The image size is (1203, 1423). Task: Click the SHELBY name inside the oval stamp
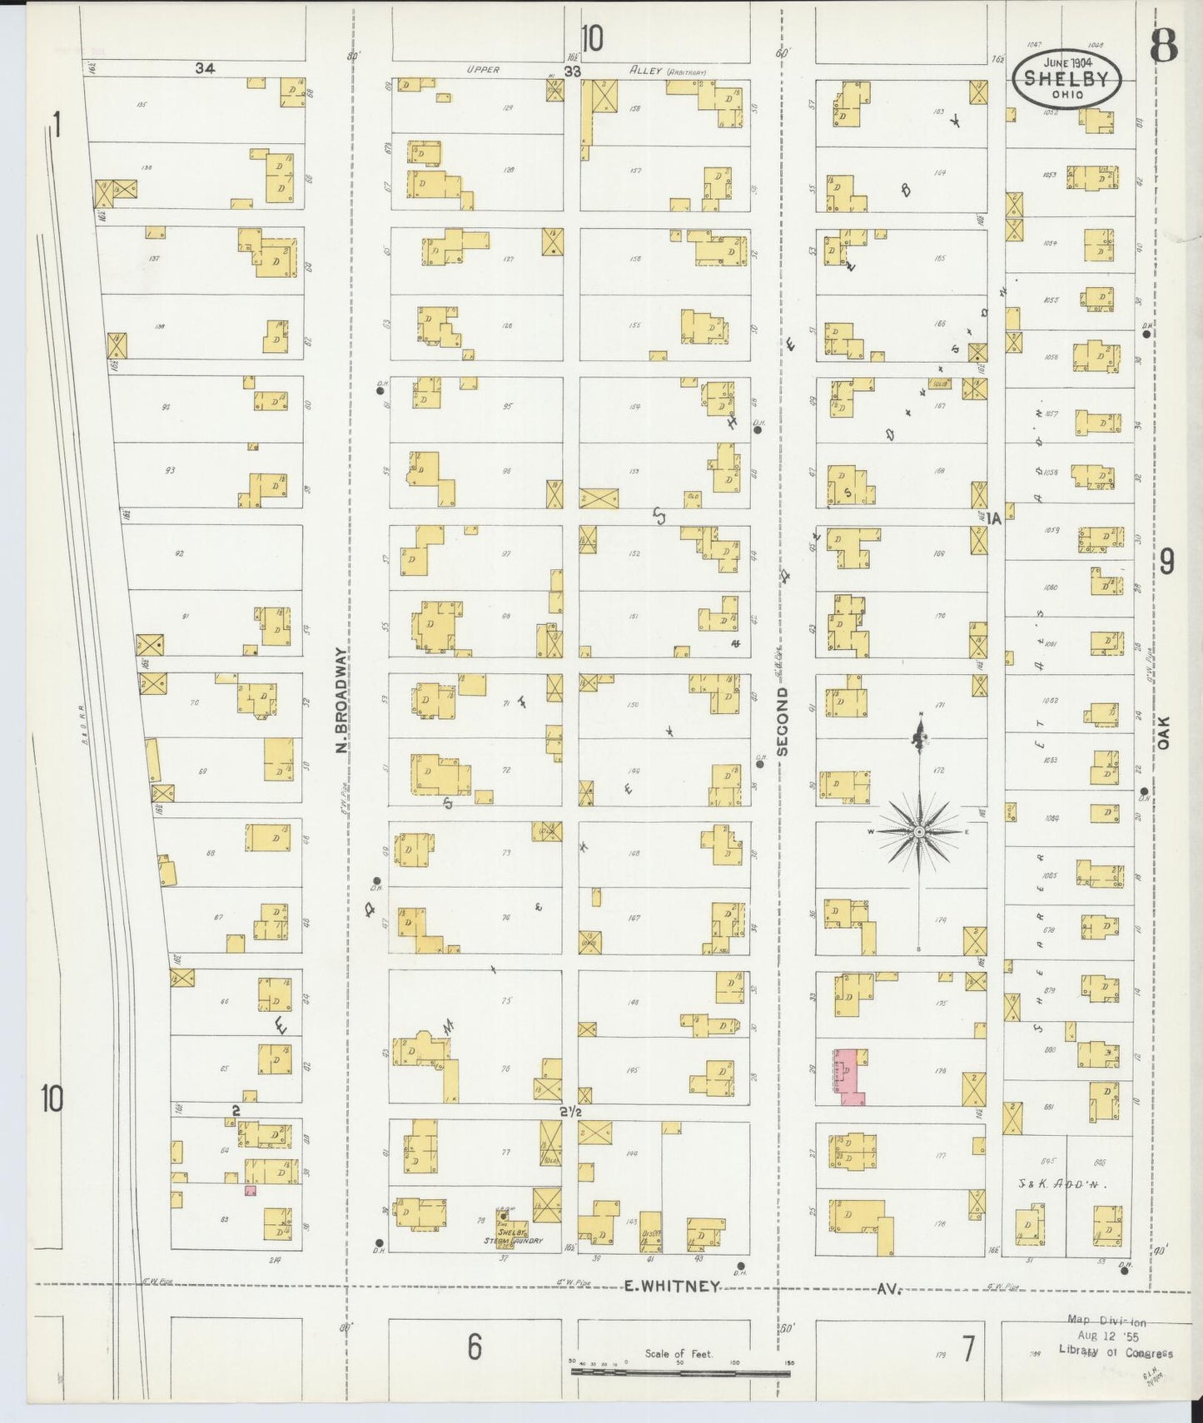[x=1066, y=79]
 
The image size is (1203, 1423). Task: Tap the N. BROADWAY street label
[x=342, y=701]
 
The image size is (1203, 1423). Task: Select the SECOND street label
[x=782, y=721]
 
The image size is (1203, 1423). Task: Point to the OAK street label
[x=1164, y=732]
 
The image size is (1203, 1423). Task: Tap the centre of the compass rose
[x=918, y=831]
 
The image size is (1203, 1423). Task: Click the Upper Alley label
[x=484, y=70]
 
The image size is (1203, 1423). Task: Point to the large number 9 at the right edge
[x=1166, y=563]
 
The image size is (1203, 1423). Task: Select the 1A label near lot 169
[x=993, y=518]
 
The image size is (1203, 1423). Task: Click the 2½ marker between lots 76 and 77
[x=570, y=1113]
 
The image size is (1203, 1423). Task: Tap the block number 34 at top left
[x=205, y=69]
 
